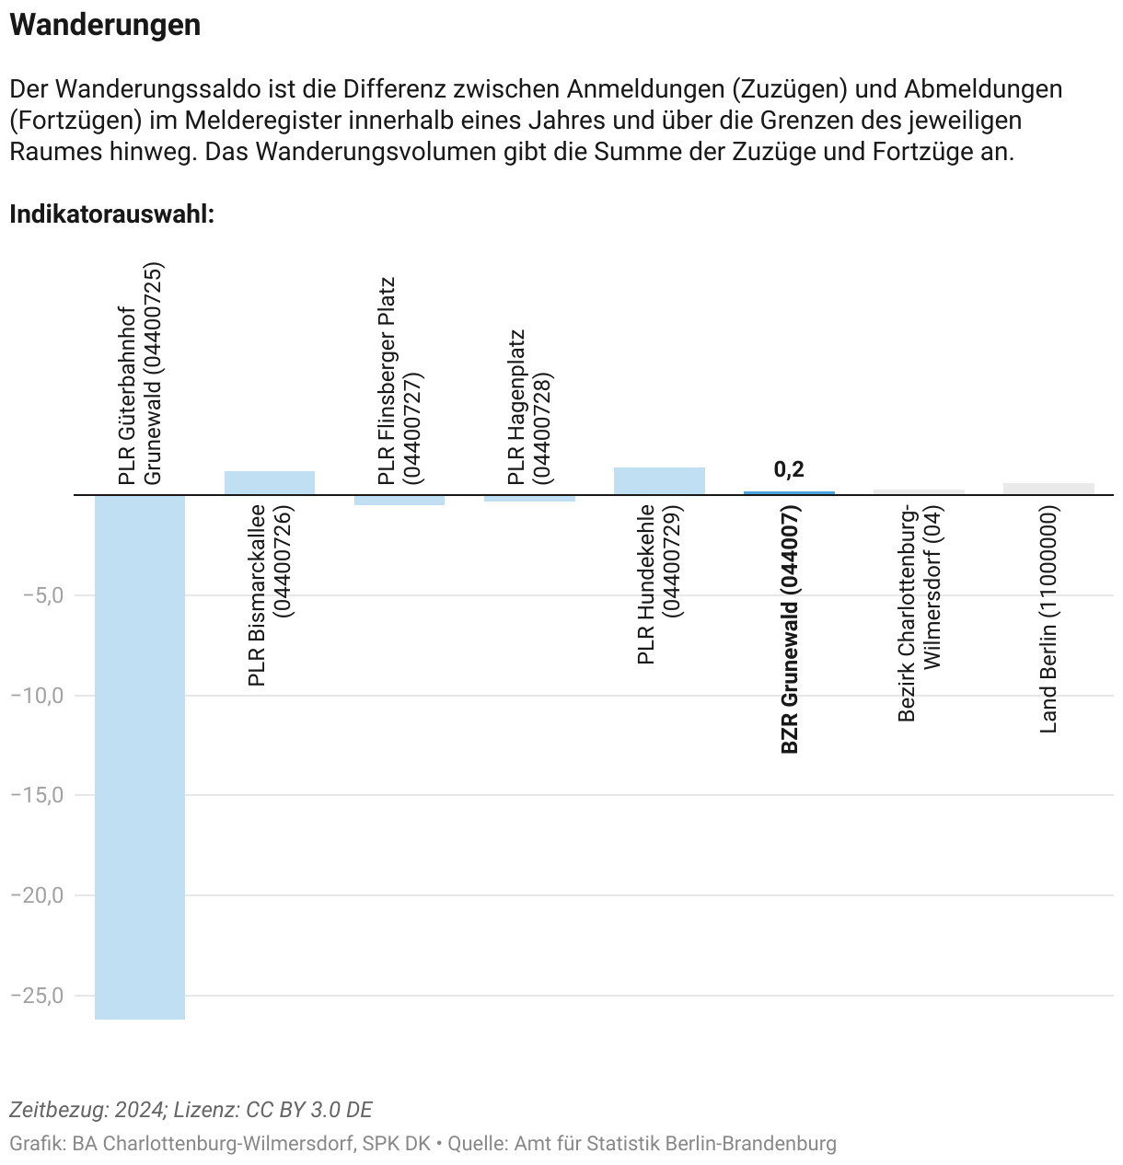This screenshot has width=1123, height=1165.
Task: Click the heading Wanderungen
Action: click(x=105, y=25)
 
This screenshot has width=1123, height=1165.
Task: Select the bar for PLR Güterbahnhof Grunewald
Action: click(x=140, y=755)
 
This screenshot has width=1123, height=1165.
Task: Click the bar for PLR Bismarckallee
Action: click(x=270, y=483)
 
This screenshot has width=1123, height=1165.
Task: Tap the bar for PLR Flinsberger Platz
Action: click(x=399, y=500)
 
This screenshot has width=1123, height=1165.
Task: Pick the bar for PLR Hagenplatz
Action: click(x=529, y=498)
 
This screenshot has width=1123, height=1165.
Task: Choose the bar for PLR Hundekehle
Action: click(x=659, y=481)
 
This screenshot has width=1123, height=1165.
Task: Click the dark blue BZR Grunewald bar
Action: click(x=789, y=493)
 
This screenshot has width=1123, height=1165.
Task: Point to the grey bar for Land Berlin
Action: click(x=1048, y=489)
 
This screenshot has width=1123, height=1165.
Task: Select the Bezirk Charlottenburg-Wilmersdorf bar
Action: click(x=919, y=492)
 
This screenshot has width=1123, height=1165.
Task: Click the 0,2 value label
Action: click(x=789, y=469)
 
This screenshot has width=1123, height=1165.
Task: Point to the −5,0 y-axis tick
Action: click(x=43, y=595)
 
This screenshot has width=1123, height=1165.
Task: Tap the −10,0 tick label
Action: click(x=38, y=696)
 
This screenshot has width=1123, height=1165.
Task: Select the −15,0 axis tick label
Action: click(x=38, y=795)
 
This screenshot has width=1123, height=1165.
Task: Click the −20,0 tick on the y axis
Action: click(x=38, y=895)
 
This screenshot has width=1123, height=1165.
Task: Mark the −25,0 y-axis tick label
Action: click(x=38, y=996)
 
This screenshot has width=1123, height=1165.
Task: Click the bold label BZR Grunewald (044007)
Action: click(x=790, y=629)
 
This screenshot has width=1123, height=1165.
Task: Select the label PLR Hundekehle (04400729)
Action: click(x=659, y=583)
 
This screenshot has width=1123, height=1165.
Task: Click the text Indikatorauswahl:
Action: click(x=111, y=214)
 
